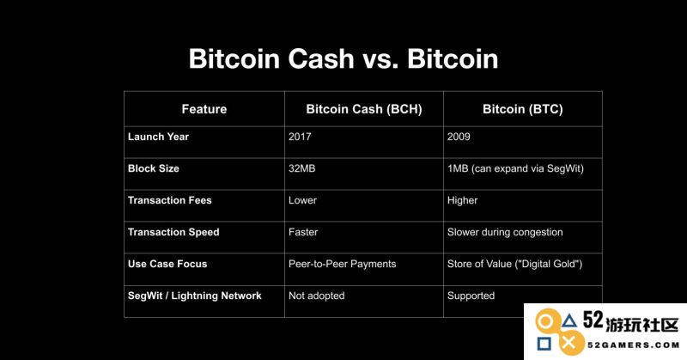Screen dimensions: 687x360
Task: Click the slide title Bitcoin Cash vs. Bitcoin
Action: tap(343, 58)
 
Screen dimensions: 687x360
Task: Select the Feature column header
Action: tap(204, 109)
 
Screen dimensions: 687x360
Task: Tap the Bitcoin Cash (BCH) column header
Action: tap(364, 109)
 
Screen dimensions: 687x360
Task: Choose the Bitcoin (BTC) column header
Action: tap(523, 109)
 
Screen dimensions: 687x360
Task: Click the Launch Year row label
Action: tap(158, 137)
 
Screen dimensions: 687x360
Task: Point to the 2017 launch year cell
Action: tap(300, 137)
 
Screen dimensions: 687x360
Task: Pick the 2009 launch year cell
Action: tap(459, 137)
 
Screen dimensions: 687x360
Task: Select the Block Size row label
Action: tap(154, 168)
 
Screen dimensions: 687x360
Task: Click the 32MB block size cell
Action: tap(302, 168)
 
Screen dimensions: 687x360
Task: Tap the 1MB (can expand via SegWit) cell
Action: tap(515, 168)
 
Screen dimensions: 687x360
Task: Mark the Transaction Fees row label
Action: tap(169, 200)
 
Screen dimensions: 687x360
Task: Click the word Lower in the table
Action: tap(302, 200)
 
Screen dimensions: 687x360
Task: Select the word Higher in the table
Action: tap(462, 201)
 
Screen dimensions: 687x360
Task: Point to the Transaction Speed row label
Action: tap(173, 232)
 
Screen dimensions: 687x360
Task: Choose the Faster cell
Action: tap(303, 232)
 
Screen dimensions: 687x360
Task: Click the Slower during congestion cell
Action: tap(505, 232)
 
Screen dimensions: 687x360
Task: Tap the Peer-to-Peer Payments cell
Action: tap(342, 264)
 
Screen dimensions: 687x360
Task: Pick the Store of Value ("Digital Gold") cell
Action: tap(514, 264)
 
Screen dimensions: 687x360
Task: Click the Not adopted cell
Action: tap(316, 296)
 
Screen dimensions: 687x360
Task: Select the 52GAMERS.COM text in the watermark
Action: tap(633, 345)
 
